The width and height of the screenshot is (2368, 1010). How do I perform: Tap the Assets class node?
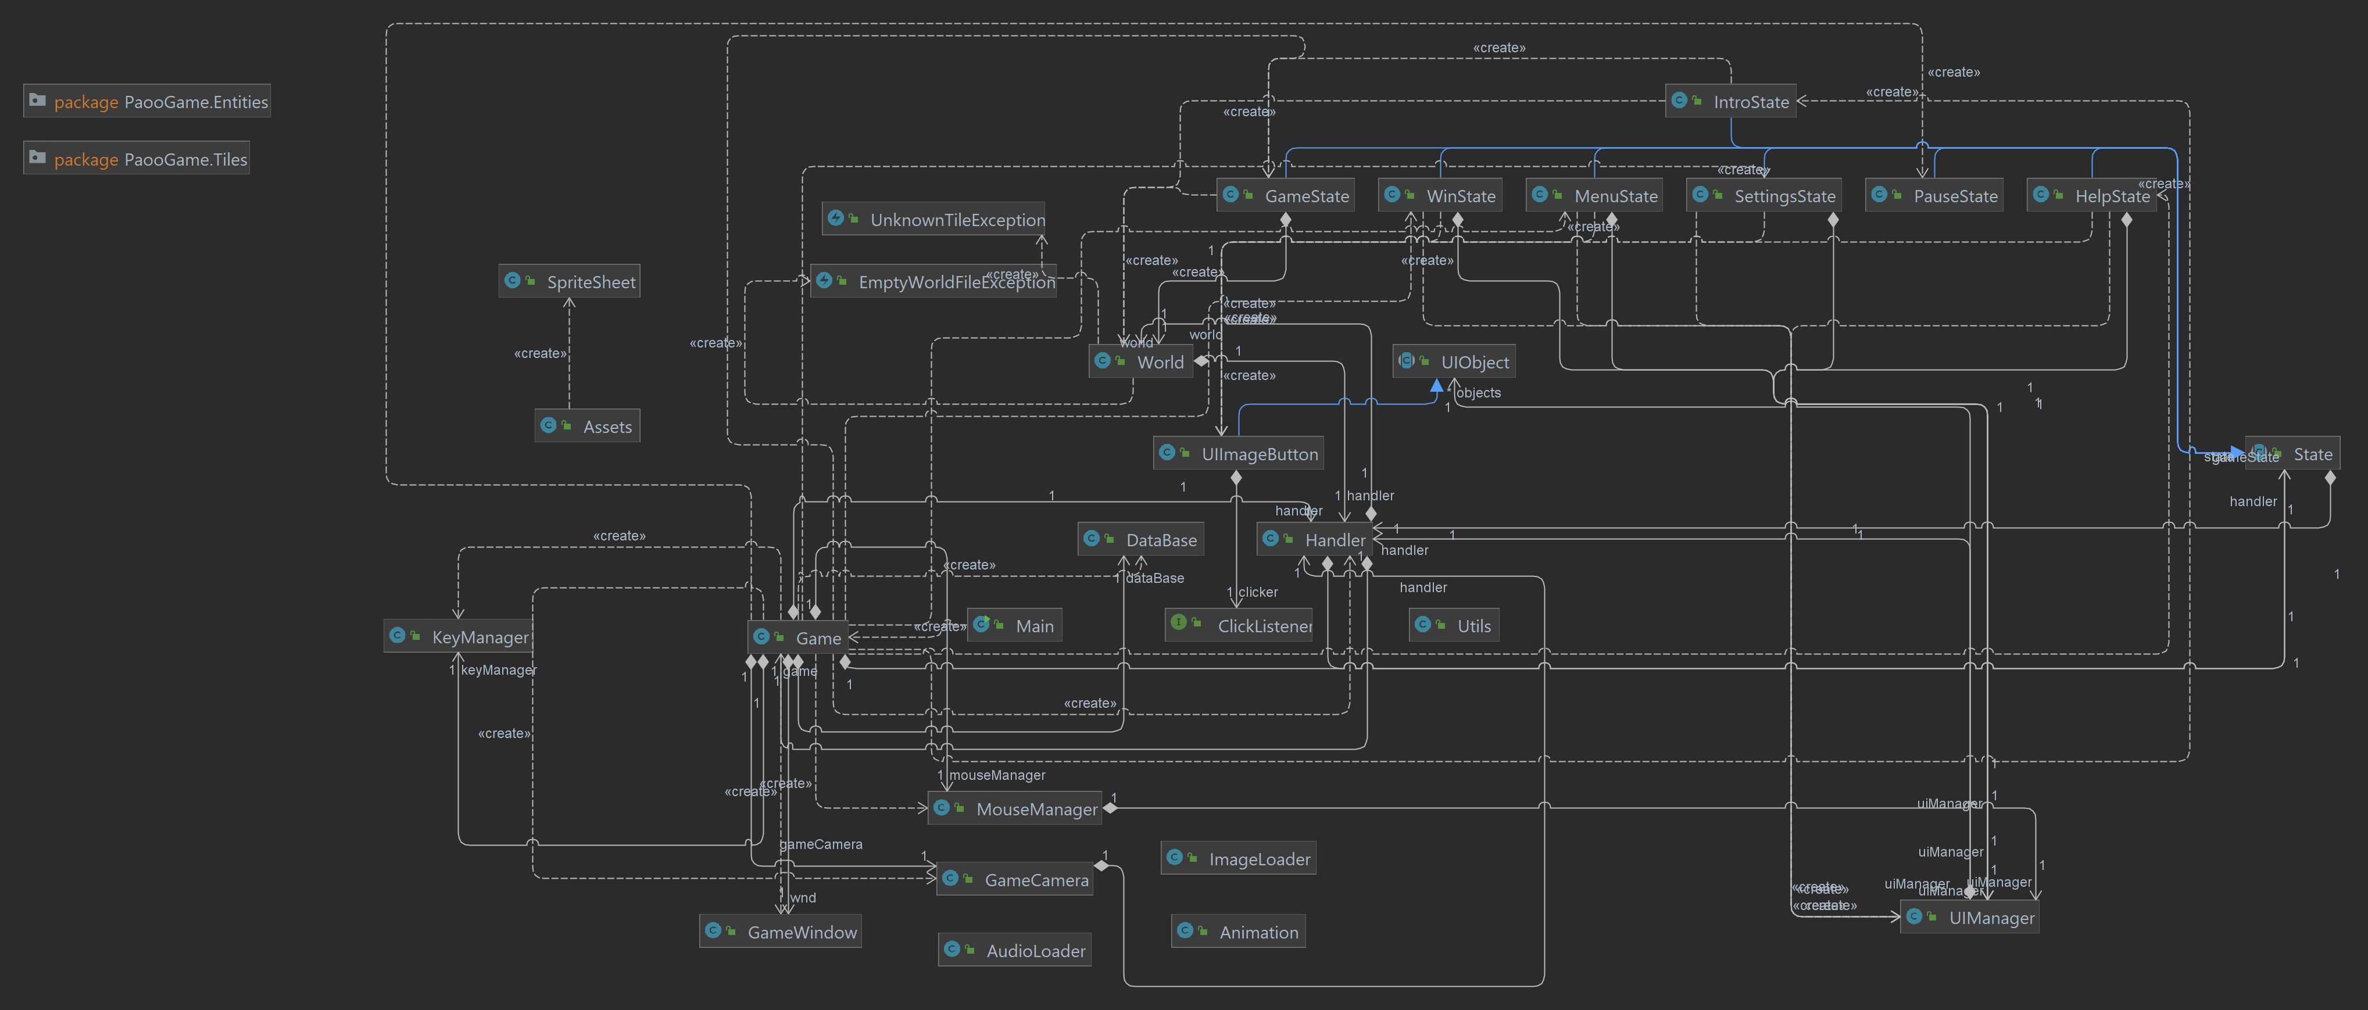[588, 427]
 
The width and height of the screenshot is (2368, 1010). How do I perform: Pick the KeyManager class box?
[458, 637]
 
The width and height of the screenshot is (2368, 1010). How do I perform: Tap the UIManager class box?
[1969, 917]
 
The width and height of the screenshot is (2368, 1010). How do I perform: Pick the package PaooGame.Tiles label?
[136, 159]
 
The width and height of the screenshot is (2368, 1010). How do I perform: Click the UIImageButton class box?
[1238, 454]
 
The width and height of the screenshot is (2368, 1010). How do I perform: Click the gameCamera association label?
[821, 844]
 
